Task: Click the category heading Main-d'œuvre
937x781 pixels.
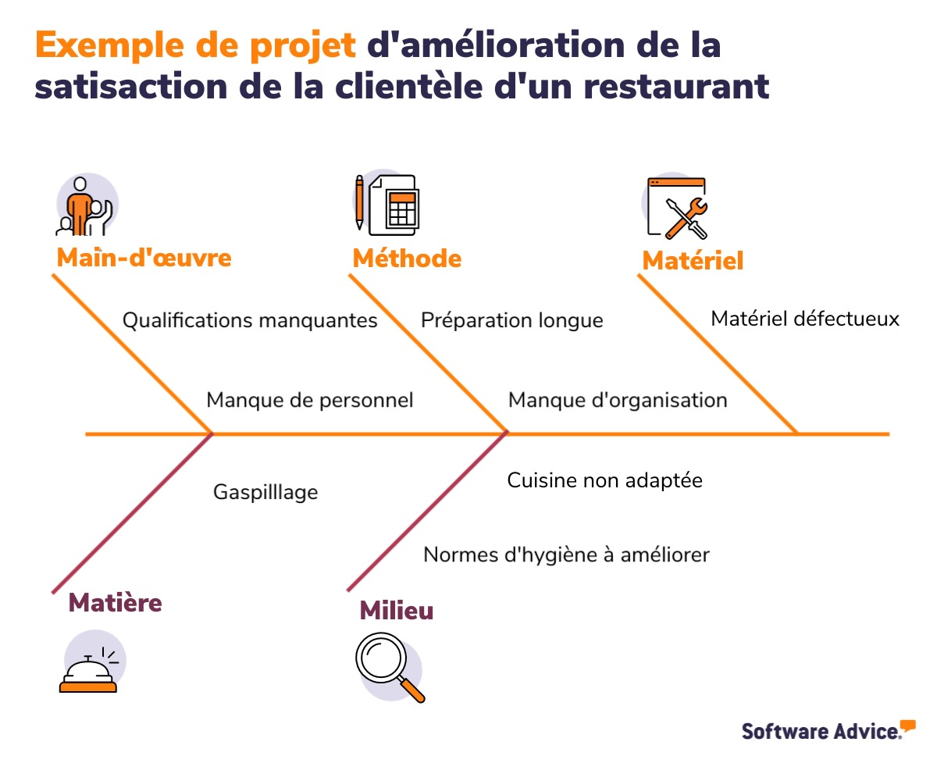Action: (x=144, y=258)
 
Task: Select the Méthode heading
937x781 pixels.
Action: (x=407, y=258)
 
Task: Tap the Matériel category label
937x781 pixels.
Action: (x=693, y=261)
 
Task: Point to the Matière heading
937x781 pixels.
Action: (x=116, y=602)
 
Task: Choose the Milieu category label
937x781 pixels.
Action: (x=396, y=611)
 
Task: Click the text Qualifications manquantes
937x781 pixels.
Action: (x=250, y=320)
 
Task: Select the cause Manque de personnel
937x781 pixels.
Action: (x=309, y=400)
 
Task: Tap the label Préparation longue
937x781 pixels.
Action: (x=511, y=320)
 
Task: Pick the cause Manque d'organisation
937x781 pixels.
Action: (x=618, y=400)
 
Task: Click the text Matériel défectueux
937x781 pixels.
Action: (x=805, y=319)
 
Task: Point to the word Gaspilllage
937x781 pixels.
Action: (x=265, y=492)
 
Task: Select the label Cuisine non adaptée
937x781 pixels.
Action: (x=604, y=480)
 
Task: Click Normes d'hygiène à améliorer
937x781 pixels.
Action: (x=566, y=555)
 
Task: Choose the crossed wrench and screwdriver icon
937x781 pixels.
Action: (x=685, y=217)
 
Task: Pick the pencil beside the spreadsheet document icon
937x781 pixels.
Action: (x=359, y=201)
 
